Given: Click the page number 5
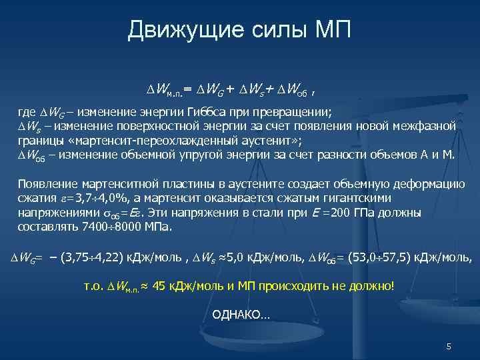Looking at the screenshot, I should click(449, 347).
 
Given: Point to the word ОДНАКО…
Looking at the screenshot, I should click(241, 314).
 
